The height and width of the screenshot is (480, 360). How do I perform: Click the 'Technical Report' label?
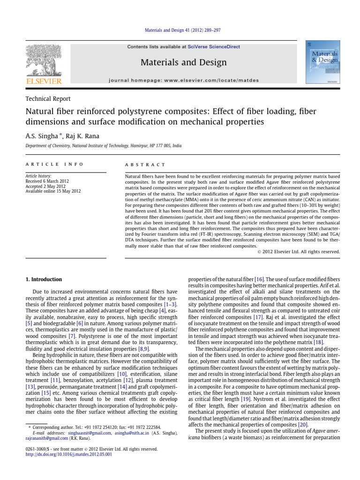tap(48, 99)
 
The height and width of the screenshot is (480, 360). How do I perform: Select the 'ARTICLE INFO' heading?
tap(54, 165)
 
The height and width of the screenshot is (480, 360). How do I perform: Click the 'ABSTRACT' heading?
tap(145, 165)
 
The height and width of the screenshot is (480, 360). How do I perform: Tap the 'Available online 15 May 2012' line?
tap(52, 191)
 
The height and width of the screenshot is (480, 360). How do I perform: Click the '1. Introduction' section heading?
tap(43, 279)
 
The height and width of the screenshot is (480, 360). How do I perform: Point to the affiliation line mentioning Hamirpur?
tap(103, 146)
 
